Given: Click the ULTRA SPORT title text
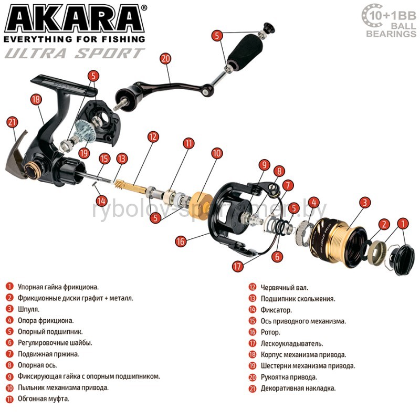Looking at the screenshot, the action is click(x=75, y=53).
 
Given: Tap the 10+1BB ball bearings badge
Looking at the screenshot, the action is click(x=389, y=21).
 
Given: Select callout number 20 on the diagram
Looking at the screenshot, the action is click(x=165, y=58).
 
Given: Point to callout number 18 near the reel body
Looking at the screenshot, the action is click(x=36, y=99).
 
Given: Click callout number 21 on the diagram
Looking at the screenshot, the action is click(x=12, y=122).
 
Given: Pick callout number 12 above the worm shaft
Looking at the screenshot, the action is click(x=153, y=137).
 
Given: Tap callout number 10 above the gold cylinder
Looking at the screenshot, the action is click(x=217, y=153).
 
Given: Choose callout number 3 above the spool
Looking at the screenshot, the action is click(x=364, y=203).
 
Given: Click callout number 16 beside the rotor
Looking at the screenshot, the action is click(x=181, y=241).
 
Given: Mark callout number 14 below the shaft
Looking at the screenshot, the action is click(x=101, y=201).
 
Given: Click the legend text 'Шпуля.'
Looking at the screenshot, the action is click(x=28, y=309).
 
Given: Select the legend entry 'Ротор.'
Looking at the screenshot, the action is click(x=270, y=332).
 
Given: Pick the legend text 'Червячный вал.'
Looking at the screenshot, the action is click(x=285, y=288).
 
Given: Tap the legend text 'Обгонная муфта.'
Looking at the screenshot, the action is click(x=44, y=399).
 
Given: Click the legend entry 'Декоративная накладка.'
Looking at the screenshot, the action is click(x=298, y=388).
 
